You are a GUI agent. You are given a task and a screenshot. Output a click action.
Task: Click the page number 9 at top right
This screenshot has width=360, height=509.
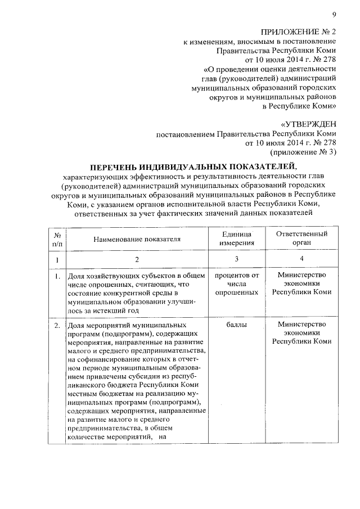pyautogui.click(x=334, y=15)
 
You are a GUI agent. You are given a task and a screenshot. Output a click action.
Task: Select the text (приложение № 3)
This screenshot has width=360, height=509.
pyautogui.click(x=304, y=152)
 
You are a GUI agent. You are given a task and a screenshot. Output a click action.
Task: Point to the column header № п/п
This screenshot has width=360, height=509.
pyautogui.click(x=57, y=238)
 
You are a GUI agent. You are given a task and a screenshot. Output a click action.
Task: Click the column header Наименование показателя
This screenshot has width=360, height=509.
pyautogui.click(x=137, y=238)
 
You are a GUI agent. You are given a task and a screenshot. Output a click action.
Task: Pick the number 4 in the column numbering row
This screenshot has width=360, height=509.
pyautogui.click(x=301, y=260)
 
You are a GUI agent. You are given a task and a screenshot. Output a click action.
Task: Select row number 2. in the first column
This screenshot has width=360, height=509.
pyautogui.click(x=57, y=326)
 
